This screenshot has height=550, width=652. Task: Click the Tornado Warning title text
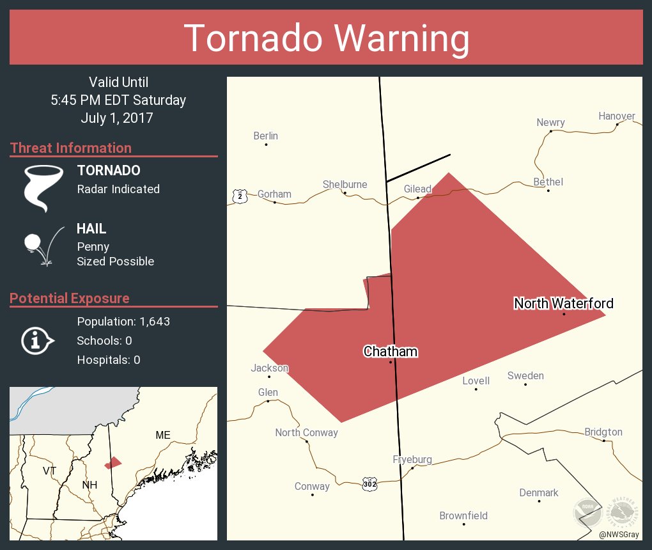(x=326, y=38)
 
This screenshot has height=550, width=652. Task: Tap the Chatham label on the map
(x=390, y=351)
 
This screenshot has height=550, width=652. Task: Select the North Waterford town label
(x=563, y=303)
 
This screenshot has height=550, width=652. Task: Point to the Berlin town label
(x=265, y=136)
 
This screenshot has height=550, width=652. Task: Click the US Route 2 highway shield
(x=239, y=196)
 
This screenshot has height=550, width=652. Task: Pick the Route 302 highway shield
(x=370, y=483)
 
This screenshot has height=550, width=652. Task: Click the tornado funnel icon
(x=43, y=188)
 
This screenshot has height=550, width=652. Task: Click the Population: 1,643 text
(x=123, y=322)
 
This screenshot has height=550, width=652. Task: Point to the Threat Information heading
(x=71, y=148)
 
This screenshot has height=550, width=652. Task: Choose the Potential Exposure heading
(x=70, y=298)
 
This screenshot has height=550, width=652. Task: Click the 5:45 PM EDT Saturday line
(x=118, y=100)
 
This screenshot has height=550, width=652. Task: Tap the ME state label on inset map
(x=163, y=435)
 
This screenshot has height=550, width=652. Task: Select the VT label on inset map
(x=50, y=471)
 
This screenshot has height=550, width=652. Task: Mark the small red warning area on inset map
(x=113, y=462)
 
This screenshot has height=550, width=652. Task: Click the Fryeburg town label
(x=412, y=459)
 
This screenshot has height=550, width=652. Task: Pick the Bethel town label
(x=548, y=182)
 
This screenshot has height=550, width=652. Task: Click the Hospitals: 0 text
(x=109, y=360)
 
